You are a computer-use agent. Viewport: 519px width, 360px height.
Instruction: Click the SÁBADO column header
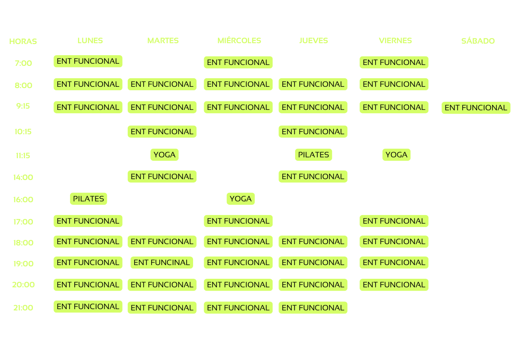(x=478, y=41)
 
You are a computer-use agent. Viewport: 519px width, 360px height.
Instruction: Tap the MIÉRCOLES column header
(x=239, y=41)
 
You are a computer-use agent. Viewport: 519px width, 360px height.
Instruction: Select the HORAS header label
(x=23, y=41)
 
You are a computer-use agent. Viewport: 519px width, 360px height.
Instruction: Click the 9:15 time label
(x=23, y=106)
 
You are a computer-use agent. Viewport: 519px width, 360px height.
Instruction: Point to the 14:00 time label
(x=23, y=177)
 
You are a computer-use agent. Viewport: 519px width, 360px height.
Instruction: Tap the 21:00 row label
(x=23, y=307)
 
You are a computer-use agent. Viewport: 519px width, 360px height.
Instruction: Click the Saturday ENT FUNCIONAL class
(x=475, y=108)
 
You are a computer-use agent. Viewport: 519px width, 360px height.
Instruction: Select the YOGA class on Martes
(x=164, y=154)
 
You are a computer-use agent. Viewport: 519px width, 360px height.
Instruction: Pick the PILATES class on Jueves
(x=313, y=154)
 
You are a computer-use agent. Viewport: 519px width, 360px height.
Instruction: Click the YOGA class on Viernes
(x=396, y=154)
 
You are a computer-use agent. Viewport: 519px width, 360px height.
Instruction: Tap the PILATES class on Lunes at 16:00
(x=88, y=198)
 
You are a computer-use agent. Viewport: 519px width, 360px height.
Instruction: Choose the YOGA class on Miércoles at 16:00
(x=240, y=198)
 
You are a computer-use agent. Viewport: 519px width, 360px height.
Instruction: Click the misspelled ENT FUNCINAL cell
(x=161, y=263)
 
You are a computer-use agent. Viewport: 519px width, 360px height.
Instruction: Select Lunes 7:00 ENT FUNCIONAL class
(x=88, y=61)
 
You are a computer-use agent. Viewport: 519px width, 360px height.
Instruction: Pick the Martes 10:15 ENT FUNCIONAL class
(x=162, y=131)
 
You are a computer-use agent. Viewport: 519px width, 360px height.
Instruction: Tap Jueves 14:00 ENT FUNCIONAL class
(x=313, y=176)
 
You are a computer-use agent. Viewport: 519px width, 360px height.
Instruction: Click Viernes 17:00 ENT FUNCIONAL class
(x=394, y=221)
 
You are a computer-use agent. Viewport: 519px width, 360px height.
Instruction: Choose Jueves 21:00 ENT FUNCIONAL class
(x=313, y=307)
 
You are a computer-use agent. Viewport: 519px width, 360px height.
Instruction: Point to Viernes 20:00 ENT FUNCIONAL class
(x=394, y=285)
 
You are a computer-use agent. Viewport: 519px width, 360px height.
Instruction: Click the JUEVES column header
(x=314, y=41)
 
